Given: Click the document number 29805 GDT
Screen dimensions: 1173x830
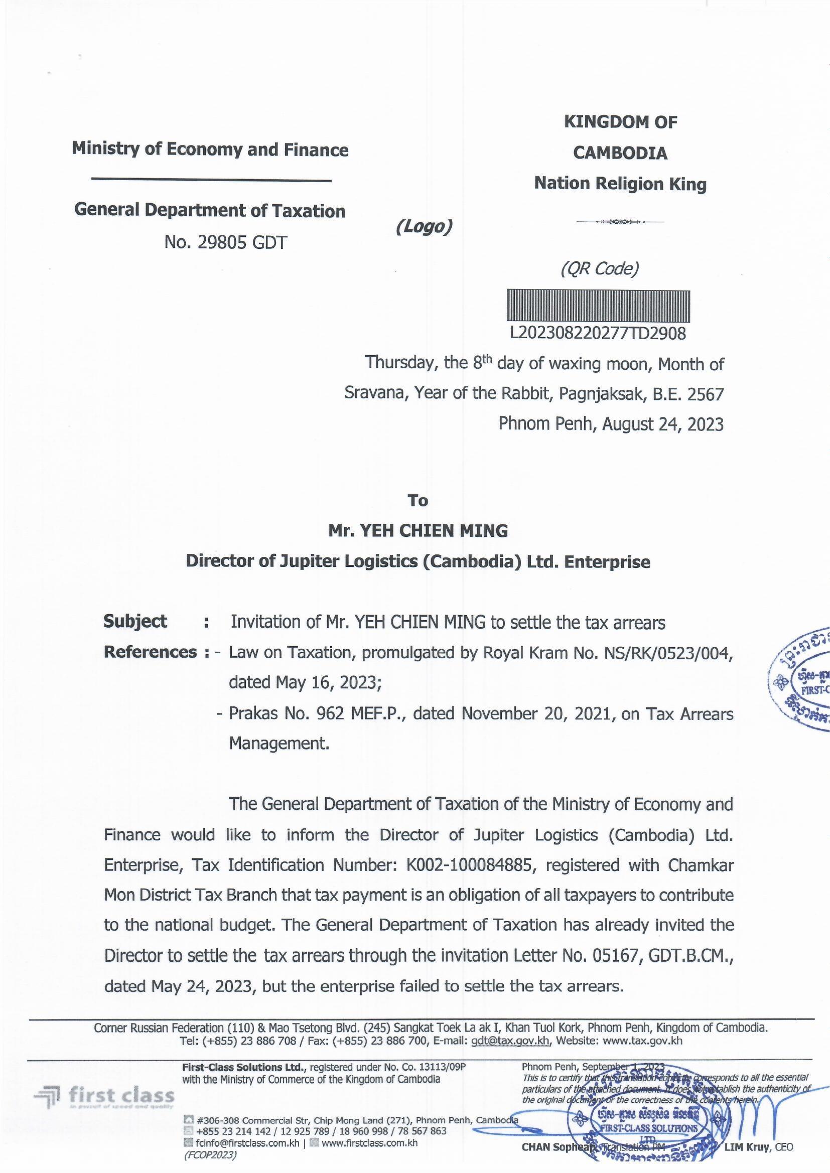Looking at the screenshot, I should click(x=225, y=242).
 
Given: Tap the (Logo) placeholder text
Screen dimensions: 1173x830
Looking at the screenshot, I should click(x=424, y=226).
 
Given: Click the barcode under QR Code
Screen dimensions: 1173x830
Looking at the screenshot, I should click(x=598, y=306).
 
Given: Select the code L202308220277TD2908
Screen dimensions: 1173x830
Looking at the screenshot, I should click(x=598, y=334).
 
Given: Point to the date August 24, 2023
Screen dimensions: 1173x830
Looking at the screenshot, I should click(x=663, y=424).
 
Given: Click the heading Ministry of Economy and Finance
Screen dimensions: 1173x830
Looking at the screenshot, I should click(x=210, y=149).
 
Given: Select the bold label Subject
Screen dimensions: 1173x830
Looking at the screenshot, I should click(x=135, y=621).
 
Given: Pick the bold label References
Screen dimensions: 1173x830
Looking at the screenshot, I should click(x=150, y=652).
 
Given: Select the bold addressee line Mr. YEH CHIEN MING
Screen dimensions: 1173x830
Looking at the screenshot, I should click(x=418, y=531).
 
